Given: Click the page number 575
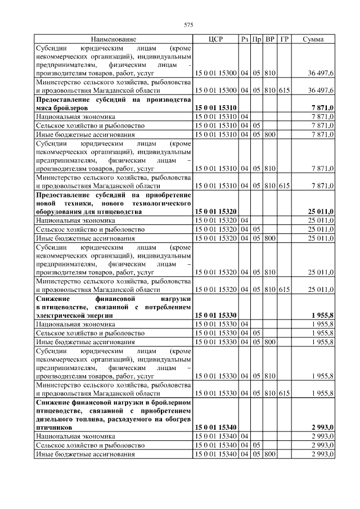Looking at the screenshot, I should point(189,25).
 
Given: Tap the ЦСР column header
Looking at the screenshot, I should point(216,39).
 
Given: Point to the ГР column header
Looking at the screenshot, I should point(284,39).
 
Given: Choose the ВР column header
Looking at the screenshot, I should point(270,39).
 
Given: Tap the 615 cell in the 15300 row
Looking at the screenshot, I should point(284,90).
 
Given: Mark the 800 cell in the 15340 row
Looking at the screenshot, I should point(270,453).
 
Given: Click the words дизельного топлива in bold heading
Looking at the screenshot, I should point(68,419).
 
